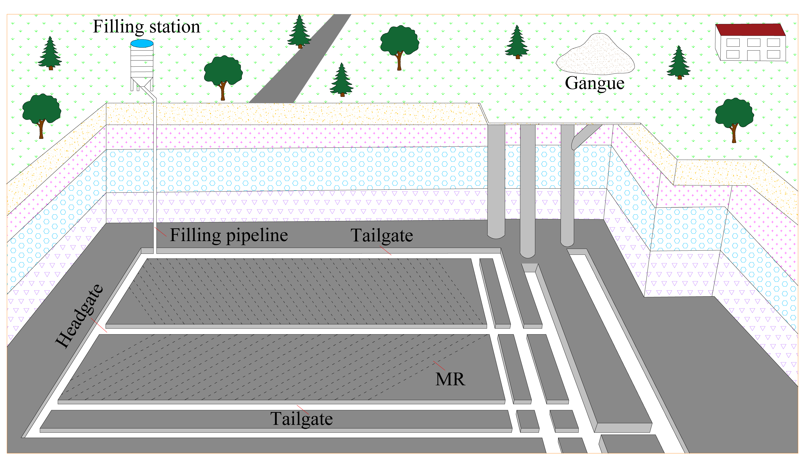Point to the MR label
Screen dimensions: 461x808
tap(450, 379)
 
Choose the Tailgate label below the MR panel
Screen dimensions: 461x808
tap(301, 419)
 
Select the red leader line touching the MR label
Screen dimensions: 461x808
tap(439, 366)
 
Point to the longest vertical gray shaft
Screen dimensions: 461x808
tap(528, 190)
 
